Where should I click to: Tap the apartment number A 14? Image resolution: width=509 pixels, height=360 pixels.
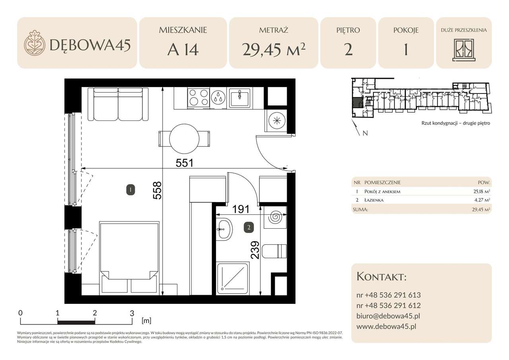coord(183,50)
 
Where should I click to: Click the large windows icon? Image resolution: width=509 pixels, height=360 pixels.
coord(464,50)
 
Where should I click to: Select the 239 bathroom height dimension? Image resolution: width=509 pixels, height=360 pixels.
coord(255,250)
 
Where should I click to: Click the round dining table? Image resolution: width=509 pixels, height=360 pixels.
coord(184,138)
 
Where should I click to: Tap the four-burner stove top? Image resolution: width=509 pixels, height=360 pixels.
coord(198,97)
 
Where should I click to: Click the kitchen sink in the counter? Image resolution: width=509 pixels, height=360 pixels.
coord(240,97)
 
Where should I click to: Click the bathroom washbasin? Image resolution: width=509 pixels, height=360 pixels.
coord(224,229)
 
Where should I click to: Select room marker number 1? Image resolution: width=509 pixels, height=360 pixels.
coord(130,190)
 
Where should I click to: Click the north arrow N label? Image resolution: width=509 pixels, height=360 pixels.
coord(365,133)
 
